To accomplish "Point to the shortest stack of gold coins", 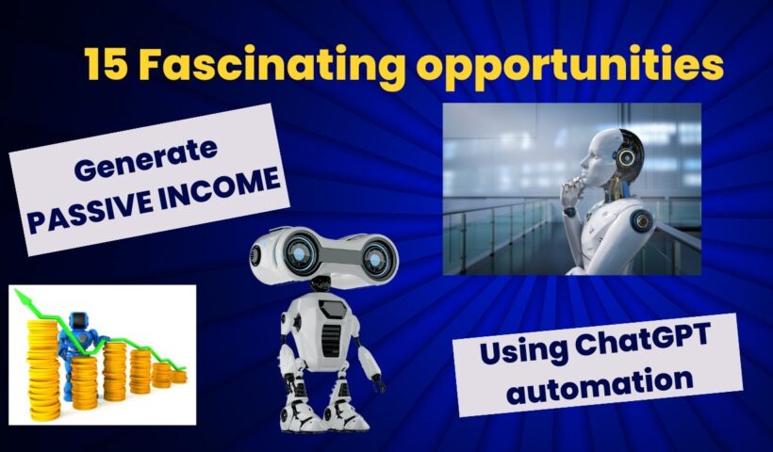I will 178,377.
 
